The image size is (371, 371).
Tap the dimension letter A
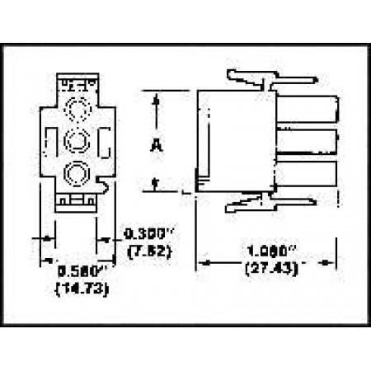155,146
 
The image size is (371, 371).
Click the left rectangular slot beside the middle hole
53,140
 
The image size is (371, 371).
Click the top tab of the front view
77,83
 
